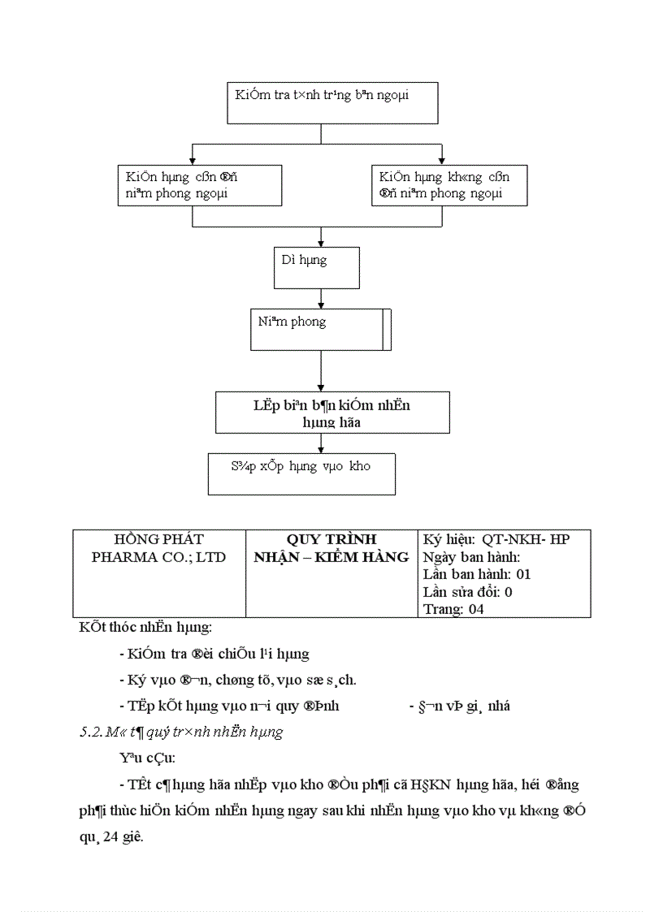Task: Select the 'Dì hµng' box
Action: click(x=316, y=268)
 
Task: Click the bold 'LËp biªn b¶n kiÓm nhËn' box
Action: click(x=331, y=413)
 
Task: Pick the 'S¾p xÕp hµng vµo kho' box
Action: click(x=301, y=474)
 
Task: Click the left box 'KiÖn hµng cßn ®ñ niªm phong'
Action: click(x=200, y=185)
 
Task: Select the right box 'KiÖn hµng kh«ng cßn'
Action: click(x=448, y=185)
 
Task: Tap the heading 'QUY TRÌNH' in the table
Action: click(x=331, y=540)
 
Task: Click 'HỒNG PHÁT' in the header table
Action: click(x=159, y=540)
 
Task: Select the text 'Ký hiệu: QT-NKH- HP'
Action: click(x=496, y=540)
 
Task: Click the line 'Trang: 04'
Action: click(x=453, y=608)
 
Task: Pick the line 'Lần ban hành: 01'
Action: click(x=477, y=574)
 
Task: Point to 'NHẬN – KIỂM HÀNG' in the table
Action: click(x=331, y=557)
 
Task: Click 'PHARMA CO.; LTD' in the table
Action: click(x=159, y=557)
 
